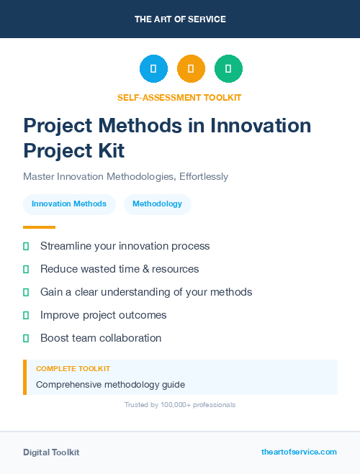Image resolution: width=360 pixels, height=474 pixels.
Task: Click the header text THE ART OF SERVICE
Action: (180, 19)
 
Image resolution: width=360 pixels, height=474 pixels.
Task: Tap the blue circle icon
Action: (153, 69)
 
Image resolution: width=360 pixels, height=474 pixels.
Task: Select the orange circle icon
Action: (191, 69)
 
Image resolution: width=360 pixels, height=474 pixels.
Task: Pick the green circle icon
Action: (228, 69)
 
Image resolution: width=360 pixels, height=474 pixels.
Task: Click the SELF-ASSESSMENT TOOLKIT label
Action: (179, 97)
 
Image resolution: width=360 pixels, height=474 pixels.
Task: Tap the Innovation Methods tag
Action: (69, 204)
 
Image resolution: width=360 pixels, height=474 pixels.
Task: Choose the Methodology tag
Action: (157, 204)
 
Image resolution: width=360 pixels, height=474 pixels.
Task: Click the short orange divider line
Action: (39, 227)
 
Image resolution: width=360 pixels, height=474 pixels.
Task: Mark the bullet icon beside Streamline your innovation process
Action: (26, 246)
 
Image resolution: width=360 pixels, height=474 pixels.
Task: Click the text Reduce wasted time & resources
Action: (120, 269)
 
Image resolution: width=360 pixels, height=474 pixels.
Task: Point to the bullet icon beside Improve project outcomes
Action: (26, 315)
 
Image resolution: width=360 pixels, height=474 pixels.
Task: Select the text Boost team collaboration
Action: (101, 338)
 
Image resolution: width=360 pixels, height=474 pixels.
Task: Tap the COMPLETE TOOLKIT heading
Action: (73, 368)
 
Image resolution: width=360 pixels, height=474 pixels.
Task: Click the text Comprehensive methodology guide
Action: (110, 384)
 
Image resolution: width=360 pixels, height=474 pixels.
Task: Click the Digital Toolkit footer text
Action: (51, 452)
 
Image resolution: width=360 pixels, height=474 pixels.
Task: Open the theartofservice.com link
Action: (299, 452)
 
